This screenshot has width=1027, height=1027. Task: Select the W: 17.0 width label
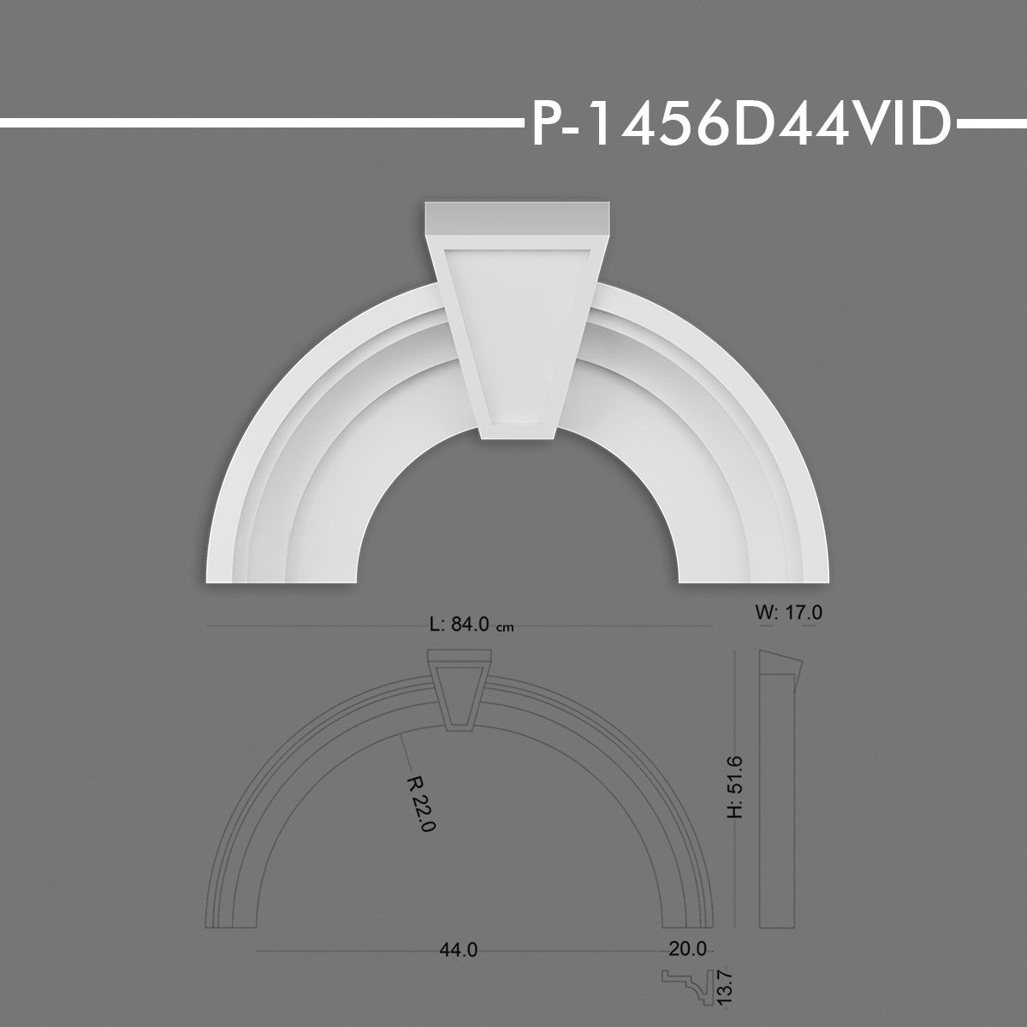[789, 612]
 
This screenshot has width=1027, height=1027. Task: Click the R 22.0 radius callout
[423, 802]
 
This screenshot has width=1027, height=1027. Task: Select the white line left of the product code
[257, 126]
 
